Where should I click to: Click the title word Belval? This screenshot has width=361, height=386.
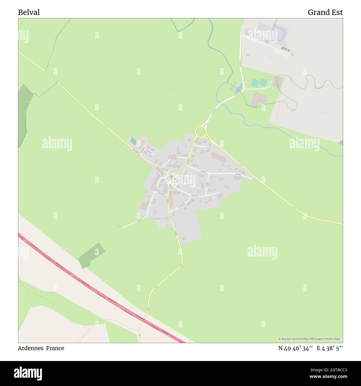29,12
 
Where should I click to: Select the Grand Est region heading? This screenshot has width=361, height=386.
325,12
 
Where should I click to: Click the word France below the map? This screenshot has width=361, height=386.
55,348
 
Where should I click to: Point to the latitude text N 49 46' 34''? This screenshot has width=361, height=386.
296,348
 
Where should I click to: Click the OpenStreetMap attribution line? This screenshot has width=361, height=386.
310,339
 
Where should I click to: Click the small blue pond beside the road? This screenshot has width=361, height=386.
238,89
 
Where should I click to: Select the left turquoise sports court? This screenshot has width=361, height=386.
254,83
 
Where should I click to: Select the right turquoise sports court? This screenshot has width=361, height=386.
263,82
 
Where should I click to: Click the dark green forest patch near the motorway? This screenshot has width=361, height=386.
92,255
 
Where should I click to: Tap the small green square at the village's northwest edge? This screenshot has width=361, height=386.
134,141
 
